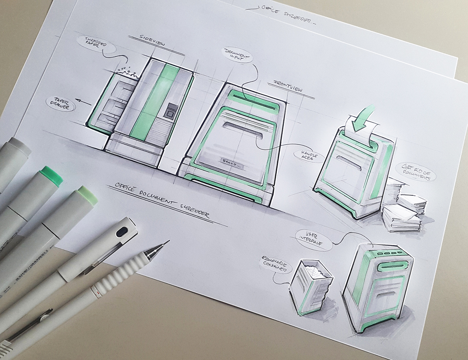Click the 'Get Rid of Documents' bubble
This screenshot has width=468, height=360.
[417, 173]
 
